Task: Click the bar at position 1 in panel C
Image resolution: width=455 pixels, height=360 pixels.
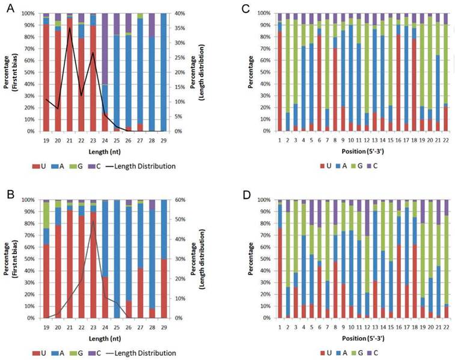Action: point(280,72)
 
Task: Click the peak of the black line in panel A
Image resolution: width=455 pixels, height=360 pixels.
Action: point(70,28)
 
